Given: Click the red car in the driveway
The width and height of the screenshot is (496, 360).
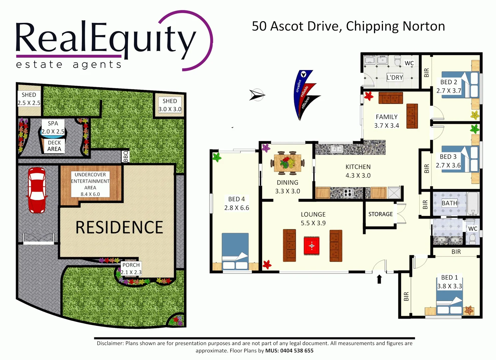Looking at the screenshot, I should point(37,190).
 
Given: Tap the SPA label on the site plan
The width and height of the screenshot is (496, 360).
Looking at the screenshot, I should point(53,123).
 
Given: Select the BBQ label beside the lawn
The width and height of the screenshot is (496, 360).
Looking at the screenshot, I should point(126,156).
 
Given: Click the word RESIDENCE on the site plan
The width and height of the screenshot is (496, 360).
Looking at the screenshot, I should point(119,227).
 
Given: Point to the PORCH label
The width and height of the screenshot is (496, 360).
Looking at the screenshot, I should point(131,265).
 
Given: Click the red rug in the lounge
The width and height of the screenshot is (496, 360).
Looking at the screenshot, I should point(311,246).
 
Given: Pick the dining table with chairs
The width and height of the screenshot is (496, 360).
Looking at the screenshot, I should point(287,163).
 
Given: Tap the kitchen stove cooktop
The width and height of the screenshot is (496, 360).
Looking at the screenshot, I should point(348,193).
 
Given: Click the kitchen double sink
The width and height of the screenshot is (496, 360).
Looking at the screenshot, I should point(336,149).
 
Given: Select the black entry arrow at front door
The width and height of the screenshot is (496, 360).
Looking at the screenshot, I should point(379,279).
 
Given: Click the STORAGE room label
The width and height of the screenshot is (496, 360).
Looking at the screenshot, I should point(380,214).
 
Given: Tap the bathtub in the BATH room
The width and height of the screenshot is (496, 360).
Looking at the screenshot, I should point(473,203).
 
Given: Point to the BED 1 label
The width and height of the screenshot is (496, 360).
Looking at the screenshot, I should point(449,277).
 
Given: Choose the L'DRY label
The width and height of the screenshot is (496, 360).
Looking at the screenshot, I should point(395,78).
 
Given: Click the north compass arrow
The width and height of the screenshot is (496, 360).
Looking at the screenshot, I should point(257,95).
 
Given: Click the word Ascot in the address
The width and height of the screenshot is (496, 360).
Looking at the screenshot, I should point(287,26).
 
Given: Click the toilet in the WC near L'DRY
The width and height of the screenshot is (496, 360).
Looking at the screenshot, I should point(397,61).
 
